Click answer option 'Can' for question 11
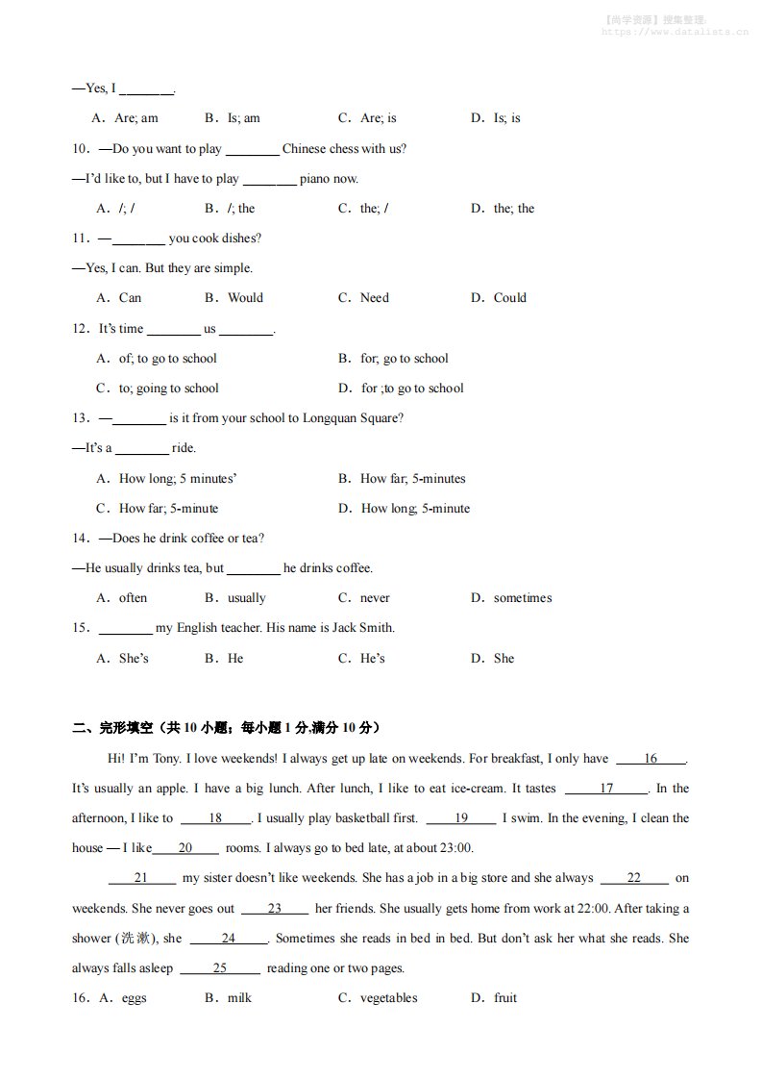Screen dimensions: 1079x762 click(x=130, y=298)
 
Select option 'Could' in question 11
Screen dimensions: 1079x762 click(x=509, y=298)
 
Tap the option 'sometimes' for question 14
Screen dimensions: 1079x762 click(x=522, y=598)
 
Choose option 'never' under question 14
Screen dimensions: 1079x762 click(x=375, y=598)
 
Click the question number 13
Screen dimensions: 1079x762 click(x=81, y=418)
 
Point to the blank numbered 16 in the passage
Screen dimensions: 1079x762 click(x=651, y=759)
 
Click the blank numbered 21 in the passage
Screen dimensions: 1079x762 click(x=141, y=878)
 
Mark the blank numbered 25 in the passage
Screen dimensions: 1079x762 click(x=219, y=968)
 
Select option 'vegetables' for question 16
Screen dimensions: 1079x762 click(x=388, y=998)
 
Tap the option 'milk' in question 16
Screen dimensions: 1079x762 click(x=239, y=998)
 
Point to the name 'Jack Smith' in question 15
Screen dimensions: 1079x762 click(x=362, y=628)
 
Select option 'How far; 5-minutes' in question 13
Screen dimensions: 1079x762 click(x=412, y=479)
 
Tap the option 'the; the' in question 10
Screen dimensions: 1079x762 click(x=513, y=209)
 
